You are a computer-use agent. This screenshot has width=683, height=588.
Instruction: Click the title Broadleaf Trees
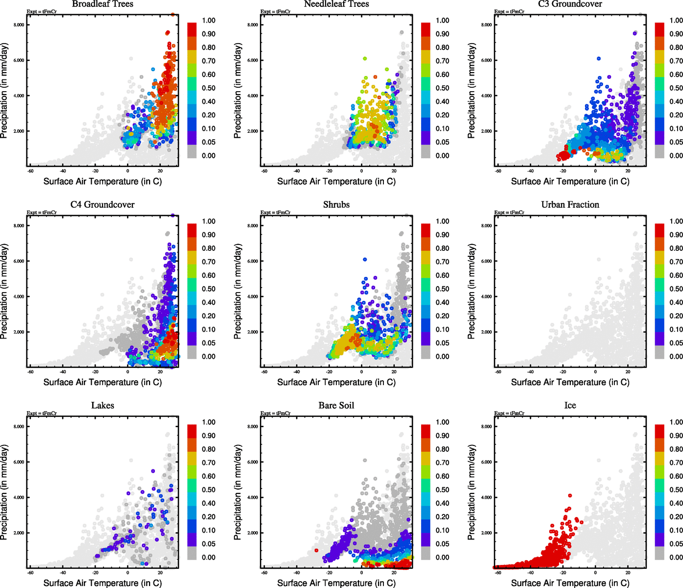[x=102, y=4]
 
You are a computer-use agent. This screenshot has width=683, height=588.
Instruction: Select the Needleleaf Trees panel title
[x=336, y=4]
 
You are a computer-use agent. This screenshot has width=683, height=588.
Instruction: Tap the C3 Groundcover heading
[x=570, y=4]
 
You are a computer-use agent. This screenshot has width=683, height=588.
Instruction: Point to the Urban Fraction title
[x=570, y=205]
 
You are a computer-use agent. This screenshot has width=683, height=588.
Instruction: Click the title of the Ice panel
[x=570, y=406]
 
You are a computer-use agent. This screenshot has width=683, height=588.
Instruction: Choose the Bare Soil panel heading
[x=336, y=406]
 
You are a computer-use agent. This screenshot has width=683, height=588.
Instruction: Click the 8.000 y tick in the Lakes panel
[x=19, y=427]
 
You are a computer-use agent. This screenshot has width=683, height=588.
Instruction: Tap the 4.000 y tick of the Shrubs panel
[x=253, y=296]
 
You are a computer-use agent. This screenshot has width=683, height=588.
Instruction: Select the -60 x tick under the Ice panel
[x=498, y=572]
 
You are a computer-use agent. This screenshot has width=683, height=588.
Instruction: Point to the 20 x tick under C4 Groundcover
[x=160, y=371]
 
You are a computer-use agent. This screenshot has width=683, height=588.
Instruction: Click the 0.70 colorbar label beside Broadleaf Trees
[x=208, y=61]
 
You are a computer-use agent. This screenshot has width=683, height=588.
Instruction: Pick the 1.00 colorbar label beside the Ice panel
[x=676, y=422]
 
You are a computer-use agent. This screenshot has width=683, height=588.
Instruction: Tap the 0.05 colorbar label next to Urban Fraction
[x=676, y=343]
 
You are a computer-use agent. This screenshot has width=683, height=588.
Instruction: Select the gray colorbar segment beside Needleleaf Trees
[x=426, y=151]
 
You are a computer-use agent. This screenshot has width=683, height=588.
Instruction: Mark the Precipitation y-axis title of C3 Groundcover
[x=472, y=91]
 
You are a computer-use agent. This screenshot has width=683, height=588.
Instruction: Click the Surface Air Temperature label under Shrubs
[x=336, y=382]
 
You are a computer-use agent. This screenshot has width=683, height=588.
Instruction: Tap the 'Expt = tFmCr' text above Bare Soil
[x=276, y=414]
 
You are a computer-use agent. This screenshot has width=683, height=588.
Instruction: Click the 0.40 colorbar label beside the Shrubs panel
[x=442, y=303]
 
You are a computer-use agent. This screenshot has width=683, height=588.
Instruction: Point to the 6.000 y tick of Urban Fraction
[x=486, y=261]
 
